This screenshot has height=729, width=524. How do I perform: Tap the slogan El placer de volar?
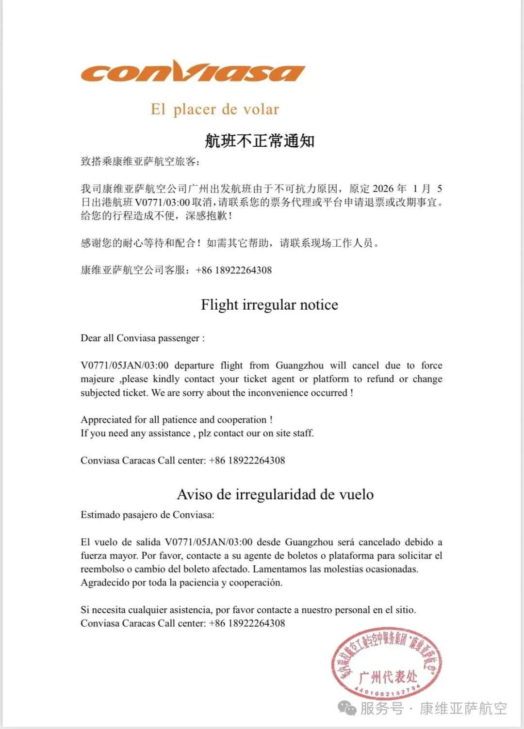pyautogui.click(x=214, y=109)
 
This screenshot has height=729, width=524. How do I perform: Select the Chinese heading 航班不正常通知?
pyautogui.click(x=260, y=141)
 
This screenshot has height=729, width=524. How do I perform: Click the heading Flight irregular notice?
pyautogui.click(x=269, y=305)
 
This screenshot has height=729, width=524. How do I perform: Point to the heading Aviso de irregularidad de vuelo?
pyautogui.click(x=275, y=494)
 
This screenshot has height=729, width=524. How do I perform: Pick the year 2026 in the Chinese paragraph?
pyautogui.click(x=383, y=189)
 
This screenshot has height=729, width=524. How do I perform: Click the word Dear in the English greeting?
pyautogui.click(x=91, y=338)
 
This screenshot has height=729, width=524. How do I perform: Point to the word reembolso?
pyautogui.click(x=102, y=569)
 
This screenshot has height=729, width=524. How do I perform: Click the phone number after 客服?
pyautogui.click(x=234, y=270)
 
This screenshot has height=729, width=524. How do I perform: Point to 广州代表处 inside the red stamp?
pyautogui.click(x=388, y=676)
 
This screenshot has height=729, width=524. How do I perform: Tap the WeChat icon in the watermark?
pyautogui.click(x=347, y=709)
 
